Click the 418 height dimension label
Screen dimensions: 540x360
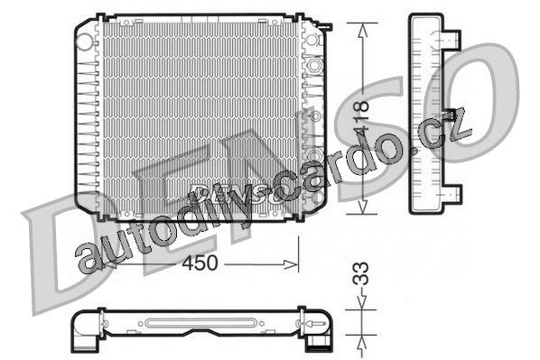tap(361, 116)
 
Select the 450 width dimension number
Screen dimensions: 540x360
tap(200, 263)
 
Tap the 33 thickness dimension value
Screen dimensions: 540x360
tap(361, 273)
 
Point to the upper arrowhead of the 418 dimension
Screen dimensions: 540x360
tap(362, 31)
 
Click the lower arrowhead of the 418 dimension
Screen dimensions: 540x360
tap(362, 207)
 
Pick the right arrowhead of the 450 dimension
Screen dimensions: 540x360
tap(291, 264)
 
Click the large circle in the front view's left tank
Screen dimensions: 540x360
tap(84, 42)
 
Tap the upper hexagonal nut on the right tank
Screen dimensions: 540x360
tap(313, 64)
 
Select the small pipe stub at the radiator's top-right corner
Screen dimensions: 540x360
tap(326, 26)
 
